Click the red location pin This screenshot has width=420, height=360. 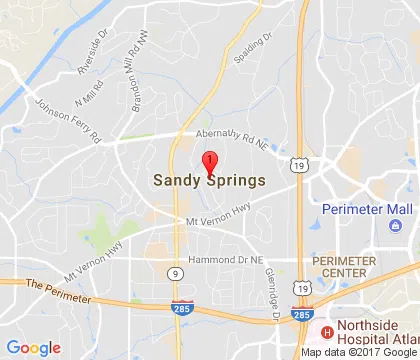210,163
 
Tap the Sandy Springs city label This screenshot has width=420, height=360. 210,181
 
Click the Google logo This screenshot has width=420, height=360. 35,346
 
